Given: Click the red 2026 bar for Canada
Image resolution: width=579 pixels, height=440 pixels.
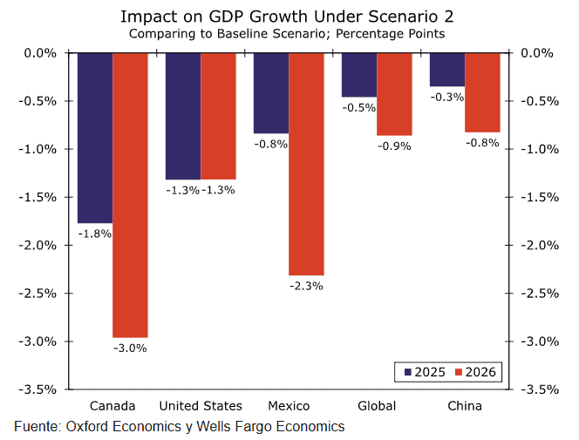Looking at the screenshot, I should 130,194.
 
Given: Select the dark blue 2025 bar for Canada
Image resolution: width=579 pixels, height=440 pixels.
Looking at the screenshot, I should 95,138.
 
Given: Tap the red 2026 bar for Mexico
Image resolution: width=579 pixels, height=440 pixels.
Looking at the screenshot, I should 306,164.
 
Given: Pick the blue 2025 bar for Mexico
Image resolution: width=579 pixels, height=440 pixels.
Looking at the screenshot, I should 271,92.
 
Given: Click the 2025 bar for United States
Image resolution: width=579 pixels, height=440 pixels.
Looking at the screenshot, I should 183,116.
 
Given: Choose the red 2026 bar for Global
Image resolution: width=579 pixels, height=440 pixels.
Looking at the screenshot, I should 394,94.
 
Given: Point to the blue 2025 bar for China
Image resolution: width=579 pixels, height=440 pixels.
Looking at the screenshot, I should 447,70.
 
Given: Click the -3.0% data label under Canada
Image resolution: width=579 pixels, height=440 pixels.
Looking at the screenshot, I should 130,349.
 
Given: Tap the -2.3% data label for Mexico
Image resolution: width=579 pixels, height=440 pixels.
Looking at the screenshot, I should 306,285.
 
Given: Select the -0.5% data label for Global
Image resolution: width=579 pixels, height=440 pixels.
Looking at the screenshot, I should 359,108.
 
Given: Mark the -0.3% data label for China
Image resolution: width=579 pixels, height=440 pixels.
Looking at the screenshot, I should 447,98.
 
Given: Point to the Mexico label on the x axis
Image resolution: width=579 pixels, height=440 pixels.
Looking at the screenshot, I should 289,406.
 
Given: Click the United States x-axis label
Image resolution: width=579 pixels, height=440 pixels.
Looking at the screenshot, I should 201,406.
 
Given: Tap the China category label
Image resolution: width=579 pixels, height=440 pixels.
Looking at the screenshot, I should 464,406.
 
